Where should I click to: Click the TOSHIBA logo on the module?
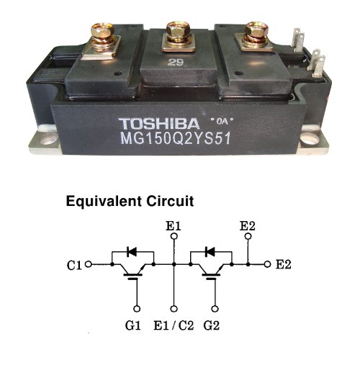(159, 124)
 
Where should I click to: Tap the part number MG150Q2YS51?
(176, 139)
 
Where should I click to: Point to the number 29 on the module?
(176, 63)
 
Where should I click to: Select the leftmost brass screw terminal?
(101, 40)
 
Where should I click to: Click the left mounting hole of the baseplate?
(48, 140)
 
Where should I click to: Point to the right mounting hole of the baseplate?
(310, 139)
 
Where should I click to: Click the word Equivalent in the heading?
(104, 202)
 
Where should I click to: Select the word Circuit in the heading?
(170, 201)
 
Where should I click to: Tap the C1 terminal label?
(74, 265)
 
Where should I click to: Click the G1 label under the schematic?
(132, 325)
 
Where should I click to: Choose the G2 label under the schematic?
(212, 325)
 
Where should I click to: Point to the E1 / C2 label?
(174, 325)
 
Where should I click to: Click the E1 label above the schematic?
(174, 226)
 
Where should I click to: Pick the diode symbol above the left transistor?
(132, 252)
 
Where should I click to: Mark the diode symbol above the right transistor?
(210, 252)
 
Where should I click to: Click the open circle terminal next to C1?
(89, 264)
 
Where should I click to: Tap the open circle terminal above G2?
(215, 309)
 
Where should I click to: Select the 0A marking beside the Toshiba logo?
(222, 122)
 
